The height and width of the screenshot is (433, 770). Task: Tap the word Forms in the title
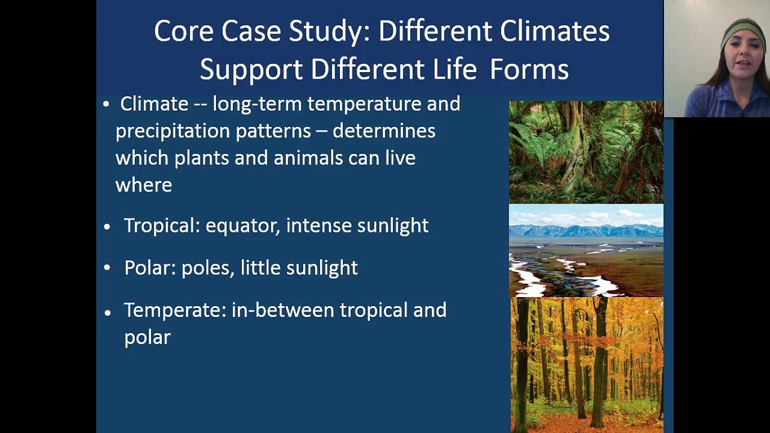coord(529,69)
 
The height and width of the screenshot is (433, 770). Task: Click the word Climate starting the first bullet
coord(154,104)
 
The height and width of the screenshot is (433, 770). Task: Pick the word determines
coord(384,131)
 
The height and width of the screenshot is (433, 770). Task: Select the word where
coord(144,185)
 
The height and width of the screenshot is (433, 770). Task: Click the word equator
coord(242,226)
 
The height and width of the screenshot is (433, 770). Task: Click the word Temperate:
coord(175,310)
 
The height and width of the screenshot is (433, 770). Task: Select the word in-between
coord(283,310)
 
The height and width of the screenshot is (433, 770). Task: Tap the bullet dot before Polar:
coord(107,268)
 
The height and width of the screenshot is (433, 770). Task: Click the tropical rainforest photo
coord(586,152)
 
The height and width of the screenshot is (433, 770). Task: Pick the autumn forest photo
coord(587,364)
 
